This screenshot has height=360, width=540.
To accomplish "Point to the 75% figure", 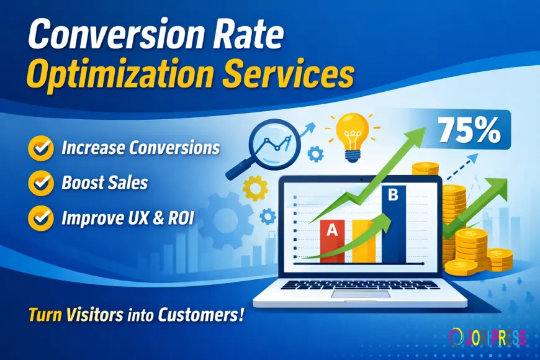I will [469, 130].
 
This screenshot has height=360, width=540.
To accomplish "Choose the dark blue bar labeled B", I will [394, 223].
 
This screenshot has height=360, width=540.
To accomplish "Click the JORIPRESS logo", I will [487, 337].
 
